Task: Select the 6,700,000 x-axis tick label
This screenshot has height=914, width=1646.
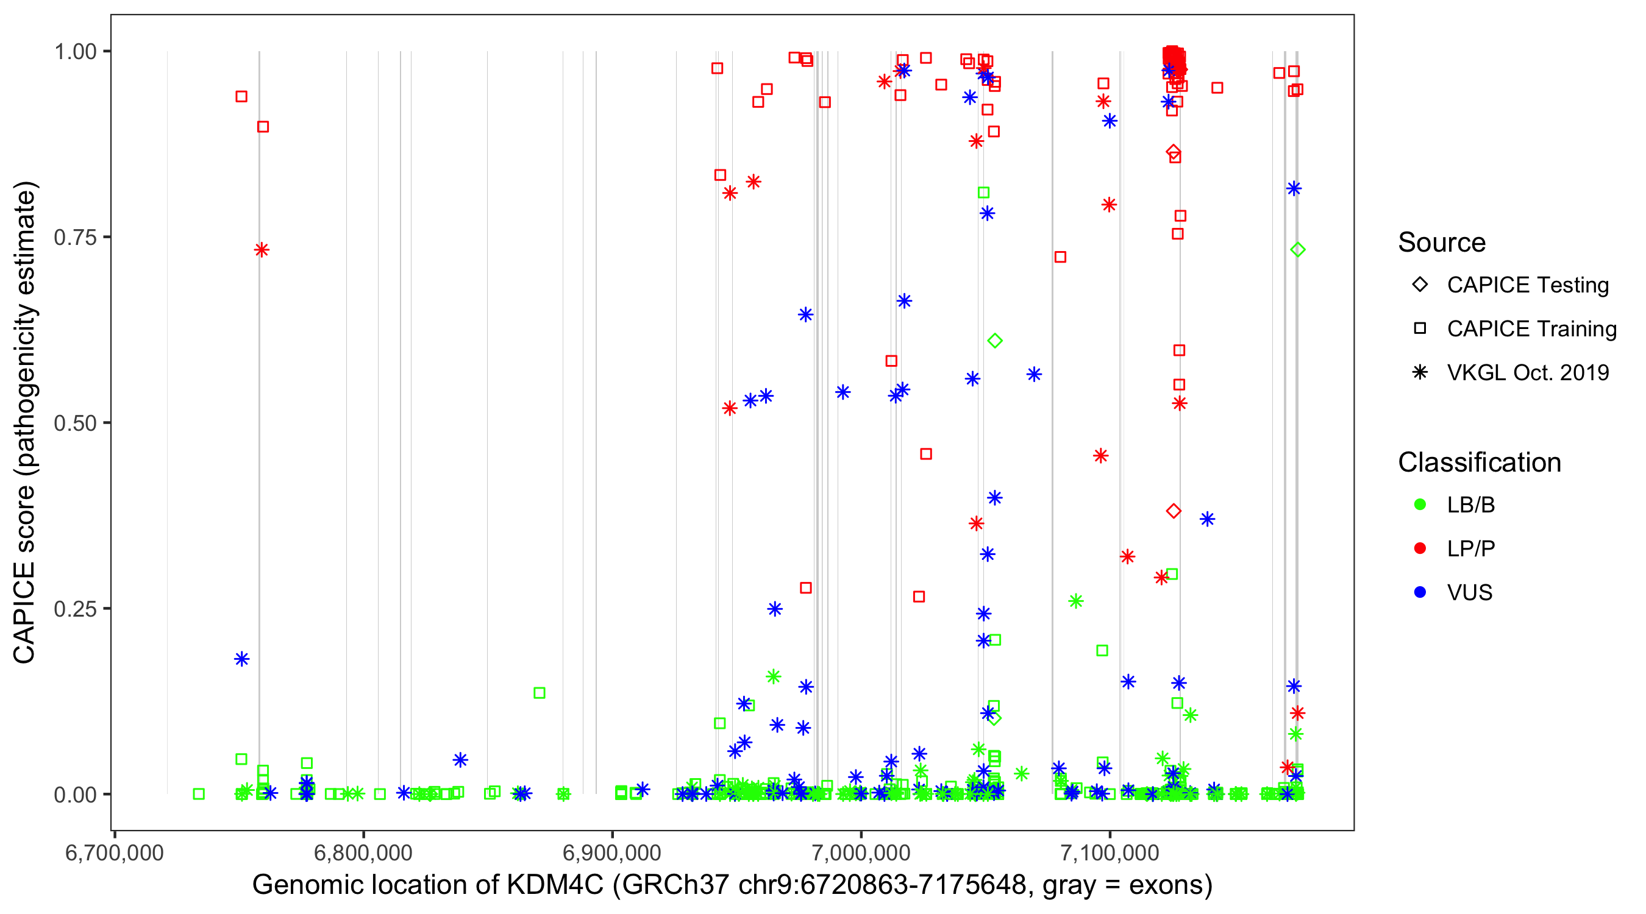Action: coord(115,852)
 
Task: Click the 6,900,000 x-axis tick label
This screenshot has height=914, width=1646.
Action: coord(612,852)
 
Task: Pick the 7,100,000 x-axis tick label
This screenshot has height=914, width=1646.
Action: coord(1110,852)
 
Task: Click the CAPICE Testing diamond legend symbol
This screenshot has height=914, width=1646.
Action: coord(1420,284)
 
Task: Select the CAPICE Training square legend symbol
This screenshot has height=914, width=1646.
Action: coord(1420,328)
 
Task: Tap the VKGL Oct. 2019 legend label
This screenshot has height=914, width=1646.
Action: coord(1528,372)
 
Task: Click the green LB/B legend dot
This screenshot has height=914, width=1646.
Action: coord(1420,505)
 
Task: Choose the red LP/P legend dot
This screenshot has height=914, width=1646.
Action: coord(1420,548)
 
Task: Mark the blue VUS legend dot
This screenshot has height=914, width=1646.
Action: coord(1420,592)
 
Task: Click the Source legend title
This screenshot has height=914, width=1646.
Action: coord(1442,243)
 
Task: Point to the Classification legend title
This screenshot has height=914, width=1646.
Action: coord(1479,462)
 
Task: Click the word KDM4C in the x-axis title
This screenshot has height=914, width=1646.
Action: coord(555,885)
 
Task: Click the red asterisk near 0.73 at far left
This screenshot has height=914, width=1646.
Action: coord(262,250)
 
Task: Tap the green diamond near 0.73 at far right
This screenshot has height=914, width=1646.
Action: coord(1297,250)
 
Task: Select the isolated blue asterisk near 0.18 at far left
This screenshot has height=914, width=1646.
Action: coord(241,659)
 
